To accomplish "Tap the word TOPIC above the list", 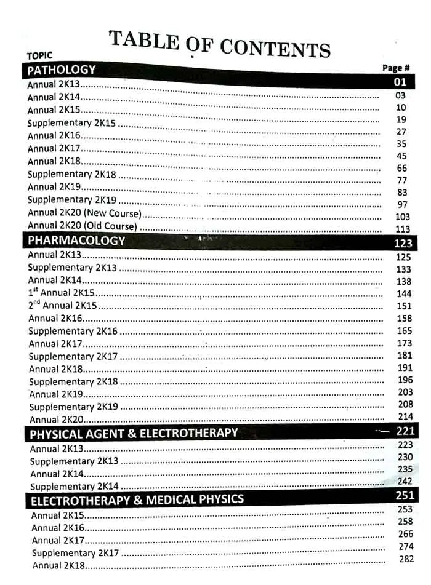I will [40, 55].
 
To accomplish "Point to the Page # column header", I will [396, 68].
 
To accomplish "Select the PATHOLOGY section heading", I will [62, 70].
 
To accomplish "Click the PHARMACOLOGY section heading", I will [76, 241].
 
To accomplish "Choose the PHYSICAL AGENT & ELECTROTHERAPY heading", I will [134, 433].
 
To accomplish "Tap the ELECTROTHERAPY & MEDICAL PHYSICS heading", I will [137, 499].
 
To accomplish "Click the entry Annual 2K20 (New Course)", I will [84, 213].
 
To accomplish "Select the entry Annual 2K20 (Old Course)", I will [83, 226].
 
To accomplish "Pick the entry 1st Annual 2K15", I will [61, 293].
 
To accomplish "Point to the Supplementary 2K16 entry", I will [73, 331].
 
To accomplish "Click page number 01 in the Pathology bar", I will [400, 82].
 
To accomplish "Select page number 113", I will [402, 229].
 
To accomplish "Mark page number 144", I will [404, 294].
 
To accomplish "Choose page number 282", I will [406, 559].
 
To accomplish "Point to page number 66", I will [401, 168].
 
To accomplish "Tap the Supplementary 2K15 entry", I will [71, 123].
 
